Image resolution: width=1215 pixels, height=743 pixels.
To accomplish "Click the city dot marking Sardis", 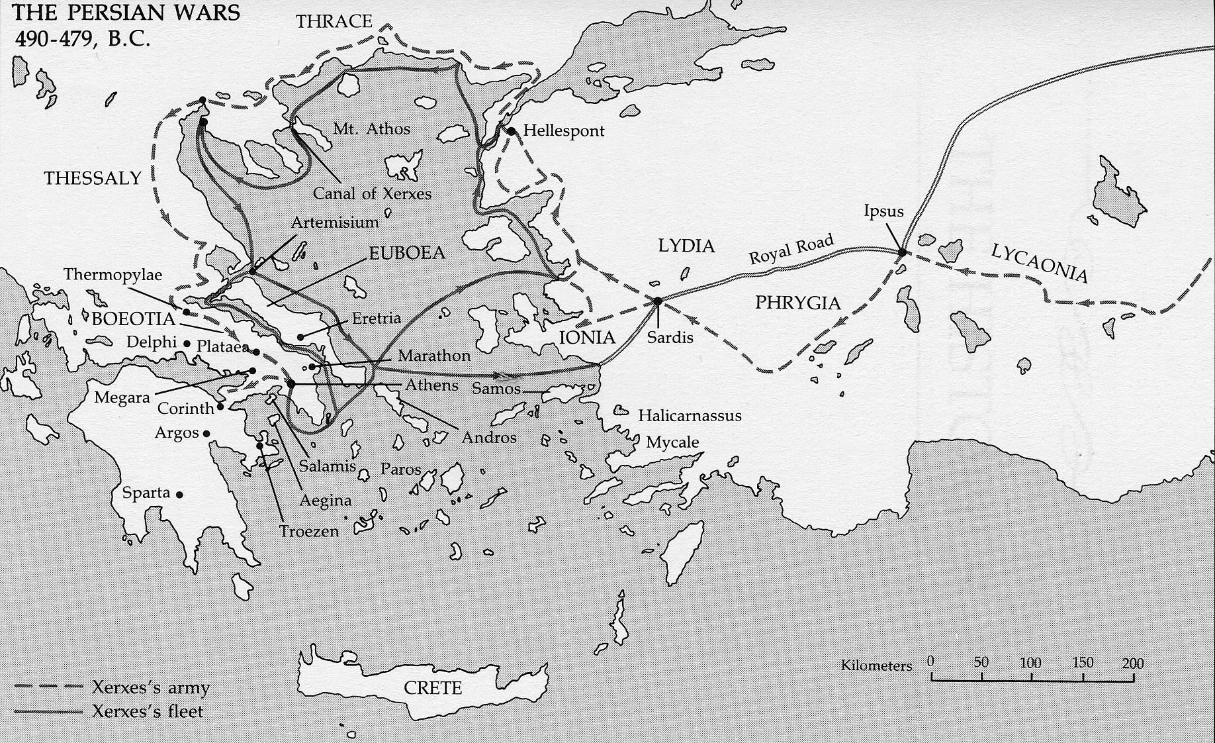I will (x=657, y=301).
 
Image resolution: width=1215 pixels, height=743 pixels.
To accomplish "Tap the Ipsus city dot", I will (x=901, y=252).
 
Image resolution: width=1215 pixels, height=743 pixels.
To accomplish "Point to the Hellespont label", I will (x=563, y=130).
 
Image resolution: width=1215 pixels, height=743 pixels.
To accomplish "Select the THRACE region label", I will (x=334, y=21).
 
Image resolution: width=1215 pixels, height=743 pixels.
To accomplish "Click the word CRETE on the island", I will (x=433, y=688).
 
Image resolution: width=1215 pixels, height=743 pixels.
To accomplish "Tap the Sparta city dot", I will (x=179, y=494).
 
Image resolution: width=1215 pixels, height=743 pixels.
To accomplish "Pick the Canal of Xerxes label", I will (x=372, y=193).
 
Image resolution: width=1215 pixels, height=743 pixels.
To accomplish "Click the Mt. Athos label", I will (x=371, y=128).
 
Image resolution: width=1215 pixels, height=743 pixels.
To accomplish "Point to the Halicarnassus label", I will (x=690, y=416).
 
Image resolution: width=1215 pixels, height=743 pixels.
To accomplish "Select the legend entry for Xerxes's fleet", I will (x=148, y=712).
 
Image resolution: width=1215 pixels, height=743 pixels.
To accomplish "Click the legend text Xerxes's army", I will (x=151, y=687).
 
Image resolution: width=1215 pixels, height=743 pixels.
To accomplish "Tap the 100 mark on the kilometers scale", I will (x=1031, y=663).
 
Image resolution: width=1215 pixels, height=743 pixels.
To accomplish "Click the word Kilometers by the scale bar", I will (x=876, y=666).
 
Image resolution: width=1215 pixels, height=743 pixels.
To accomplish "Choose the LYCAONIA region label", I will (x=1039, y=262).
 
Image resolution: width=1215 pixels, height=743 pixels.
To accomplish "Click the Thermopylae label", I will (x=112, y=275).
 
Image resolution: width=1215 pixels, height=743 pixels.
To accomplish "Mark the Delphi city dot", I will (x=187, y=344).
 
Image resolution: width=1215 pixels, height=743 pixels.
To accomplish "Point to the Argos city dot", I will (x=206, y=434).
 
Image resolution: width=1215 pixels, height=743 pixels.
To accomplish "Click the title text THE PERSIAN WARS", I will (x=126, y=13).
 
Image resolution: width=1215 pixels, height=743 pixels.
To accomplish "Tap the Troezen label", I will (x=308, y=531).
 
